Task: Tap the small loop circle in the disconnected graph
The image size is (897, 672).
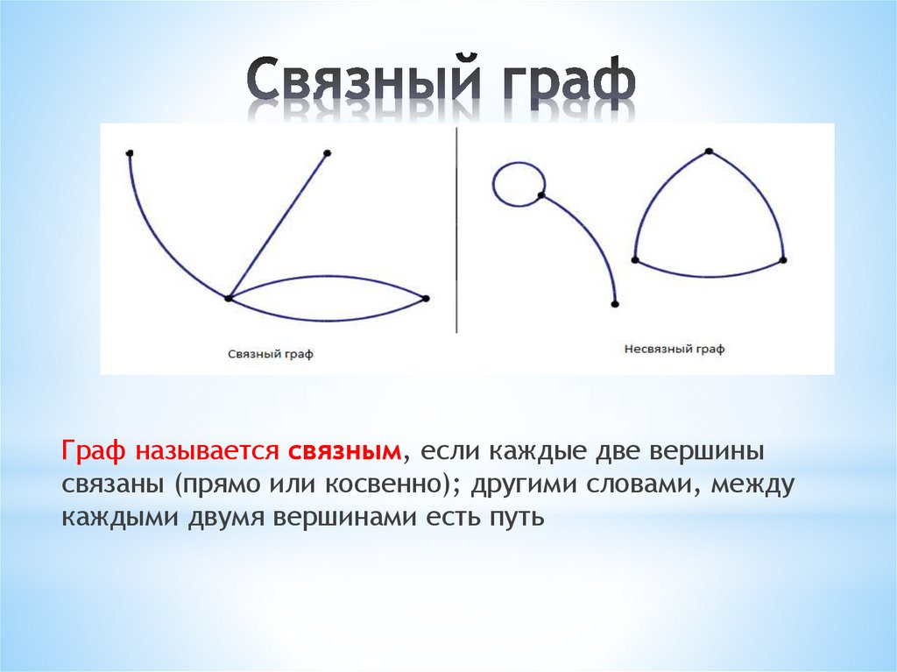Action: point(519,184)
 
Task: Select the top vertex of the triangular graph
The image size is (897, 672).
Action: point(708,152)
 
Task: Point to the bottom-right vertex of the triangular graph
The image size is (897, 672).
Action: point(783,260)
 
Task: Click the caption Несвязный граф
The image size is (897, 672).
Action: point(675,349)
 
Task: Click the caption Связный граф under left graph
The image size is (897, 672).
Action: point(271,354)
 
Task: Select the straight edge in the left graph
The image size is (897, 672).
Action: point(278,226)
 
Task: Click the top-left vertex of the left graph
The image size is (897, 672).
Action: point(130,154)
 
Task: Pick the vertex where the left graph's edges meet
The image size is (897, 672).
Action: point(229,299)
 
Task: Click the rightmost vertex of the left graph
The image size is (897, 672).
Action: point(426,299)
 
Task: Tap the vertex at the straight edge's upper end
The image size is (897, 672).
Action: point(327,153)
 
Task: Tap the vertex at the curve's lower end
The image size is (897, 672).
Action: point(614,304)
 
